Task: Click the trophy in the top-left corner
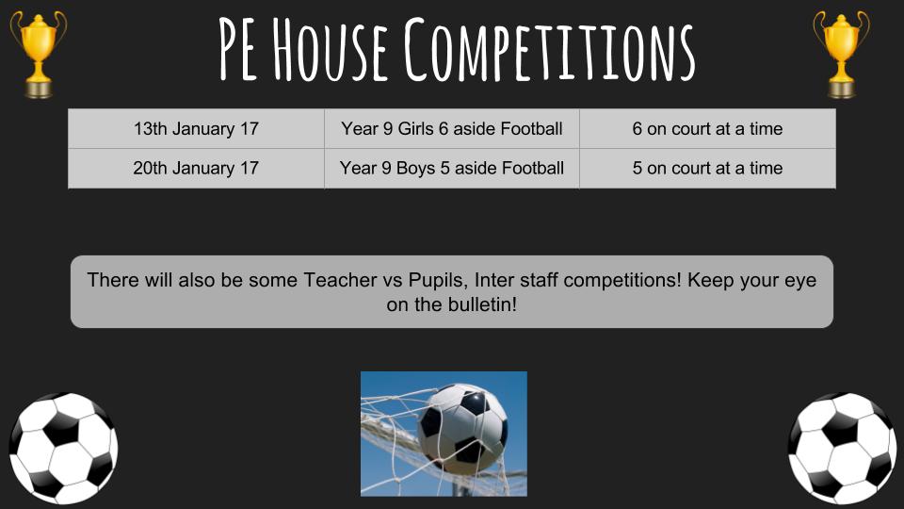pos(38,55)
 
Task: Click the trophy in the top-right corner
pos(841,55)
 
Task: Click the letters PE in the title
pos(238,51)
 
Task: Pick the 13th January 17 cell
pos(196,129)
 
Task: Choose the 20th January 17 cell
pos(196,168)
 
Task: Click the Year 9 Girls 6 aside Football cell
pos(452,129)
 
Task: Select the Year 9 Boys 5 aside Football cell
pos(452,168)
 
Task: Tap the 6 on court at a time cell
pos(707,129)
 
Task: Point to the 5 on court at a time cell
pos(707,168)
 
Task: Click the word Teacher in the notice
pos(340,280)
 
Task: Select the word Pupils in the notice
pos(438,281)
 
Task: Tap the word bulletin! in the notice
pos(482,304)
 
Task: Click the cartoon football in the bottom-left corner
pos(63,449)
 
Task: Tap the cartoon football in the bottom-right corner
pos(842,449)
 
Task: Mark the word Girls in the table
pos(415,129)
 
